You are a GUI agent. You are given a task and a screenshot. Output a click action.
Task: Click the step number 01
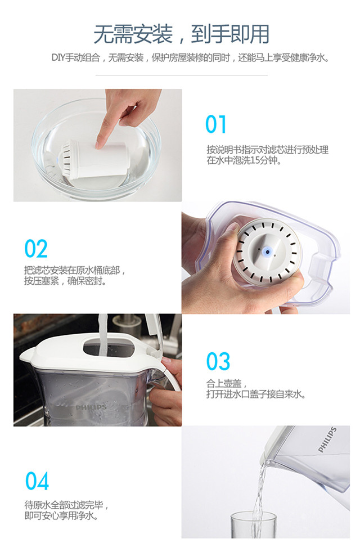(215, 124)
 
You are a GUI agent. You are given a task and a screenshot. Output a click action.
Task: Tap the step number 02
(36, 249)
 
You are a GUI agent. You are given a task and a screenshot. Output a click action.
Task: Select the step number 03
(218, 361)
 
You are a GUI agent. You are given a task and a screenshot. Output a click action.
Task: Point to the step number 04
(37, 481)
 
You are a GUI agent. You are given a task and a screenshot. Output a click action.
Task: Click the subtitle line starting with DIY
(190, 57)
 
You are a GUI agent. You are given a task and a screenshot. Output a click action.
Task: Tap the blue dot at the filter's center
(267, 252)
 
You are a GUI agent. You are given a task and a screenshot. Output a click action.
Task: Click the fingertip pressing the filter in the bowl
(100, 145)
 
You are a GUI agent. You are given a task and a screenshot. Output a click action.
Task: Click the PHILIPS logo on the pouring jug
(327, 440)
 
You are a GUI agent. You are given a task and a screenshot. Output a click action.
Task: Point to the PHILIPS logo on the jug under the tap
(91, 407)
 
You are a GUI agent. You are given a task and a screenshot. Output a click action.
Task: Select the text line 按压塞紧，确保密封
(65, 281)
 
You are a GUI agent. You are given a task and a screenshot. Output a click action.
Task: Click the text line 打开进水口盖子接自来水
(256, 394)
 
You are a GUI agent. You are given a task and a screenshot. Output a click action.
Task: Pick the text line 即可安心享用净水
(62, 515)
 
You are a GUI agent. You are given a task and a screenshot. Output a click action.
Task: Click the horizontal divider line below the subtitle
(181, 75)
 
